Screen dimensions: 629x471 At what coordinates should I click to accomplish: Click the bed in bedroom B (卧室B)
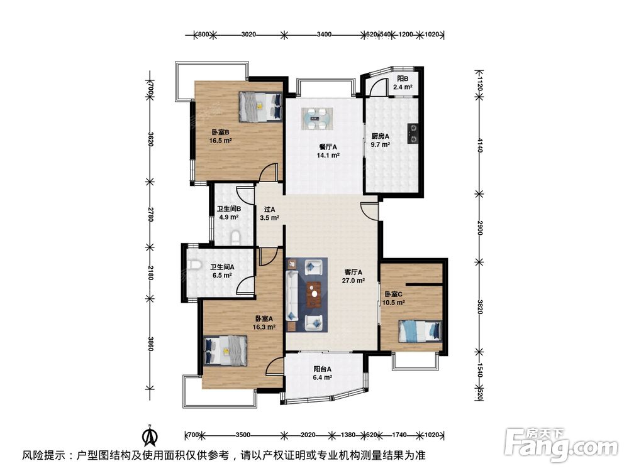pyautogui.click(x=260, y=107)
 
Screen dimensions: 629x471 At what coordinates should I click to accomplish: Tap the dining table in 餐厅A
pyautogui.click(x=317, y=118)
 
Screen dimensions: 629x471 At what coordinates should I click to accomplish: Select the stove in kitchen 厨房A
pyautogui.click(x=413, y=134)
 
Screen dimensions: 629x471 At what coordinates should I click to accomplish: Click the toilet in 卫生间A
pyautogui.click(x=194, y=265)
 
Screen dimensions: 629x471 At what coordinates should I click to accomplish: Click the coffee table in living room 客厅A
pyautogui.click(x=314, y=295)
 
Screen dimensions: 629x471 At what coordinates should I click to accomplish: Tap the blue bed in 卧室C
pyautogui.click(x=420, y=331)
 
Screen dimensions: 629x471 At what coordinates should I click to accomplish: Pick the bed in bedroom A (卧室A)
pyautogui.click(x=225, y=350)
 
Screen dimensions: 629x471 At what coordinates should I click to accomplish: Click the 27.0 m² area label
pyautogui.click(x=353, y=281)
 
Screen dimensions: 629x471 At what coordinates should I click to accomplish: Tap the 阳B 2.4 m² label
pyautogui.click(x=403, y=82)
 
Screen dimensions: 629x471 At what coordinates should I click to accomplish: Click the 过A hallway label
pyautogui.click(x=270, y=209)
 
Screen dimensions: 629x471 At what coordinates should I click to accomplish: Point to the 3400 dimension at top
pyautogui.click(x=324, y=35)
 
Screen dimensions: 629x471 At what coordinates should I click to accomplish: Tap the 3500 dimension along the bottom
pyautogui.click(x=243, y=435)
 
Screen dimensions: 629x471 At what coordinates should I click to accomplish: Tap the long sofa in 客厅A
pyautogui.click(x=292, y=296)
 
